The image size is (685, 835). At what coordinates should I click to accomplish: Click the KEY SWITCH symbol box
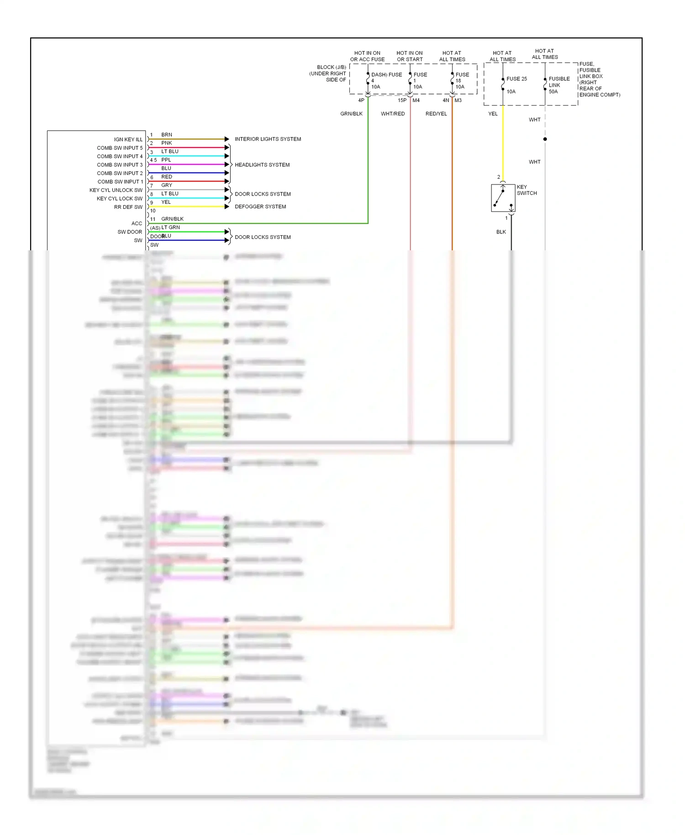(x=503, y=198)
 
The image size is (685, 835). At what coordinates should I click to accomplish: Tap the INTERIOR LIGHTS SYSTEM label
(x=268, y=139)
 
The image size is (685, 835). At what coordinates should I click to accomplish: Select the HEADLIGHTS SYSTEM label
(x=262, y=165)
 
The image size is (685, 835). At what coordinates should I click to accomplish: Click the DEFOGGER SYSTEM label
(x=260, y=206)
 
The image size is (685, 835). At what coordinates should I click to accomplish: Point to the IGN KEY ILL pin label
(x=128, y=139)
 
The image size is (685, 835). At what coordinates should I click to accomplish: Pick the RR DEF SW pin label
(x=128, y=207)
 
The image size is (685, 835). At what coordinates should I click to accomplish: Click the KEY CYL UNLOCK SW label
(x=116, y=190)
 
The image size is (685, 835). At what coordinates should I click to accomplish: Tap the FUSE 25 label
(x=516, y=79)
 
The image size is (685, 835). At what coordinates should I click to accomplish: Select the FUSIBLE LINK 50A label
(x=559, y=85)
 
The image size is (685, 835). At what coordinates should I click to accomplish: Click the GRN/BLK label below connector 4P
(x=351, y=114)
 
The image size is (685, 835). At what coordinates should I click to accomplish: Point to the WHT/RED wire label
(x=393, y=114)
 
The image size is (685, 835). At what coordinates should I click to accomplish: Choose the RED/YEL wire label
(x=436, y=114)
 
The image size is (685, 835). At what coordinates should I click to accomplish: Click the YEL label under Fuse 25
(x=493, y=114)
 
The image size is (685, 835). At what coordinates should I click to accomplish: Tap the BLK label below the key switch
(x=501, y=232)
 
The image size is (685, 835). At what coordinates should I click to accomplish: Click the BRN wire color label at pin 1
(x=167, y=135)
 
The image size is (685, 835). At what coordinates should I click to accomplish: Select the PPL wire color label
(x=166, y=160)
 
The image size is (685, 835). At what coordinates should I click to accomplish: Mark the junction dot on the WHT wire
(x=545, y=139)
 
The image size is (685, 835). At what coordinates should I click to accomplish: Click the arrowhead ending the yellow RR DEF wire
(x=227, y=206)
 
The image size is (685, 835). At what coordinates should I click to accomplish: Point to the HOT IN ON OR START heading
(x=410, y=56)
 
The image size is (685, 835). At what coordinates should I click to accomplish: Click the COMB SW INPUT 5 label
(x=120, y=148)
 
